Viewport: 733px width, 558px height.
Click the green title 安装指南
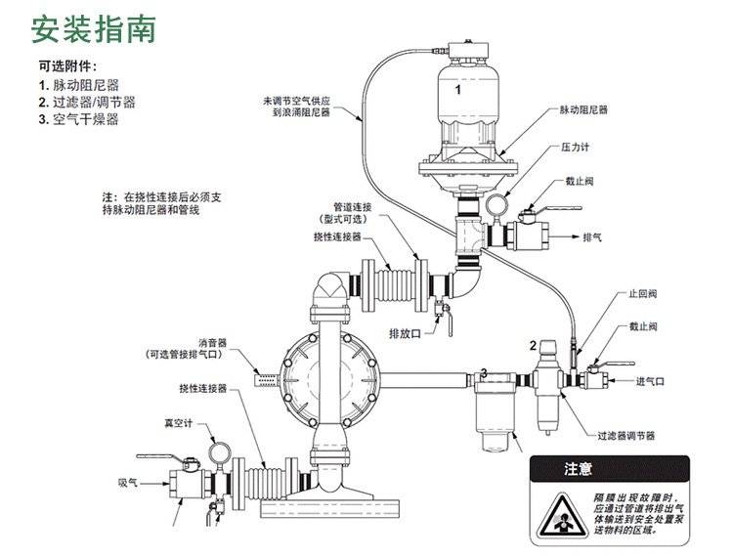pos(93,28)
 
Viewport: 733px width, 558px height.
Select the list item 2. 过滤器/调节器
pos(86,103)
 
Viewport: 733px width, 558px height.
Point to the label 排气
pos(592,237)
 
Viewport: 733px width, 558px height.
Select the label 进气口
pos(650,381)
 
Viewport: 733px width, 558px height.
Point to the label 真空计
pos(177,423)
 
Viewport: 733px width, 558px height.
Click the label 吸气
pos(128,482)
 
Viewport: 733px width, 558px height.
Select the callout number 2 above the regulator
pos(533,345)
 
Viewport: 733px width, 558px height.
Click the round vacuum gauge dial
pos(219,455)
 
